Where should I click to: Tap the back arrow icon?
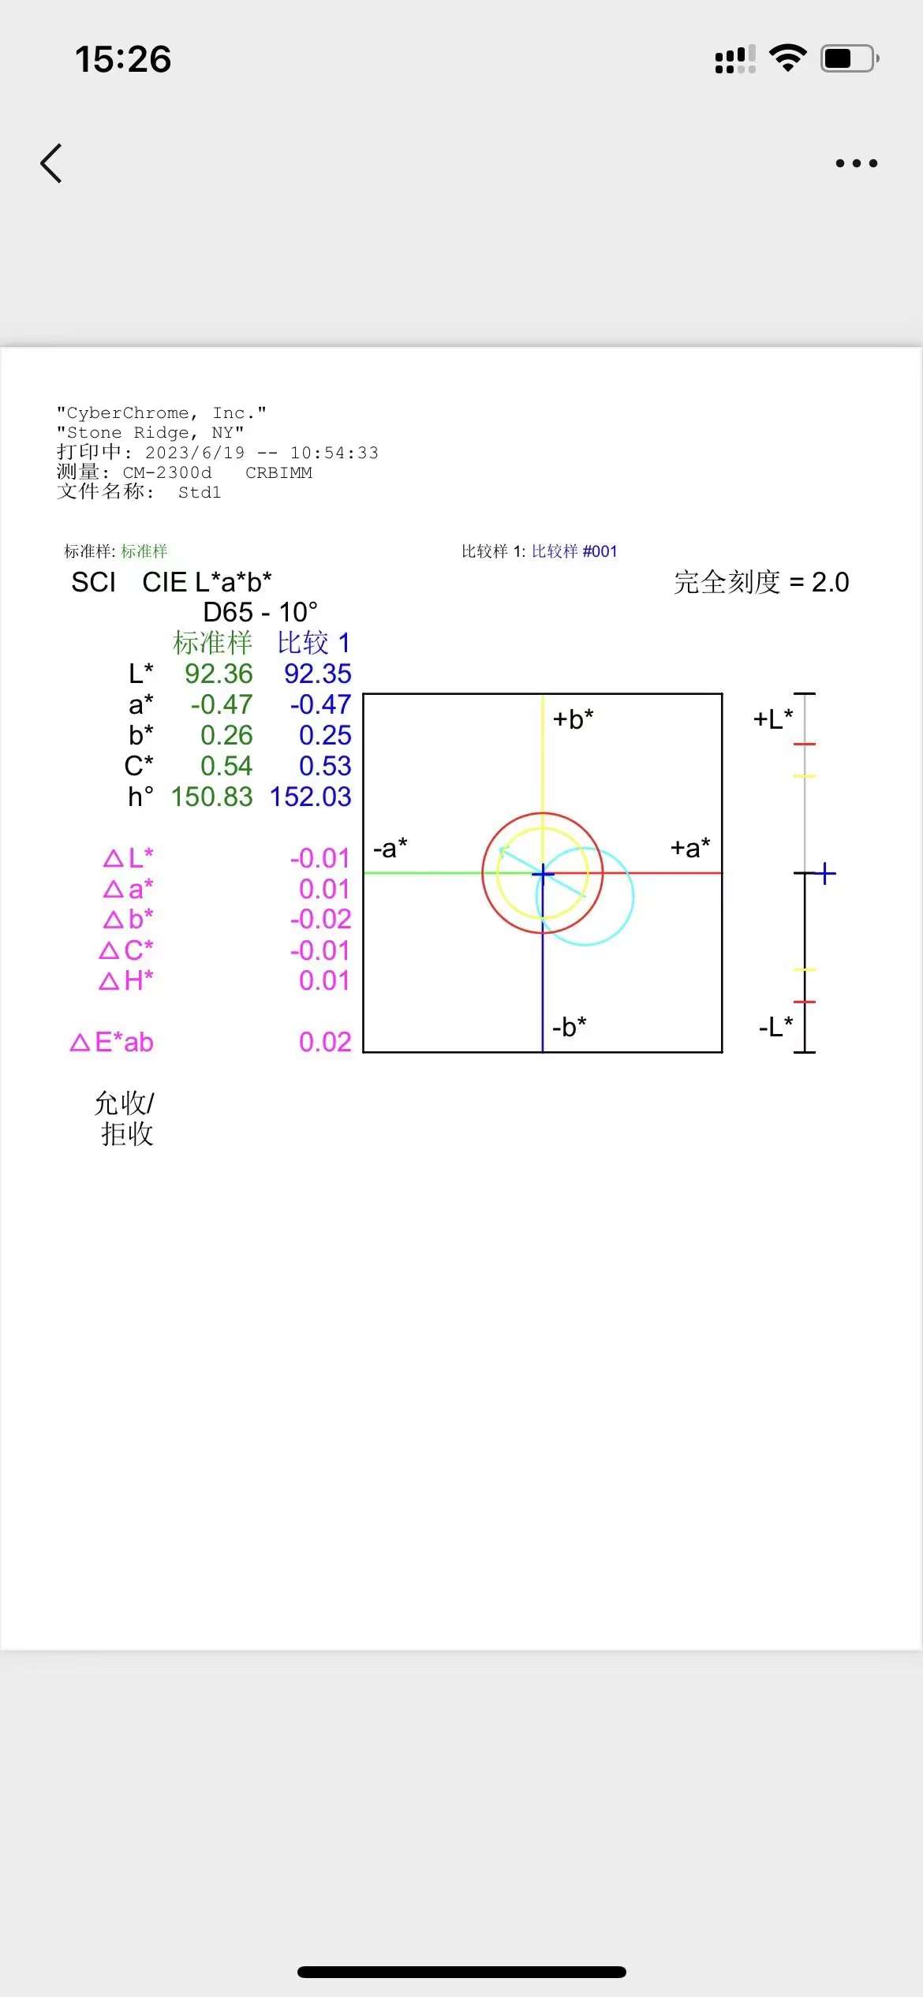(51, 163)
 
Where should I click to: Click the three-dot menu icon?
(856, 163)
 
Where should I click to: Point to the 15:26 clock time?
(123, 59)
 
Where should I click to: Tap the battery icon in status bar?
(849, 59)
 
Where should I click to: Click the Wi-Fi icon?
(787, 58)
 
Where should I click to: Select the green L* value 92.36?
(219, 674)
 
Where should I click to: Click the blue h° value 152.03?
(310, 797)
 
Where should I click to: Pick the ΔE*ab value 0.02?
(324, 1042)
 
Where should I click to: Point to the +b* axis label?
(573, 719)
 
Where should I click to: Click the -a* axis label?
(390, 849)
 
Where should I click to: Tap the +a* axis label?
(690, 849)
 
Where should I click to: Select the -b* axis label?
(569, 1027)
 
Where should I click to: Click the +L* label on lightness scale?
(773, 719)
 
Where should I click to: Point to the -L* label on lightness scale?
(775, 1027)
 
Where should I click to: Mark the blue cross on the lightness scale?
(824, 873)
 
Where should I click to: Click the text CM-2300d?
(167, 472)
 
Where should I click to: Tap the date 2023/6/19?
(195, 453)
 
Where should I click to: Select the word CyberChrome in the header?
(128, 413)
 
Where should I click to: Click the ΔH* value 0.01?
(323, 980)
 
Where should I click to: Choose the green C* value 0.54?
(226, 766)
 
